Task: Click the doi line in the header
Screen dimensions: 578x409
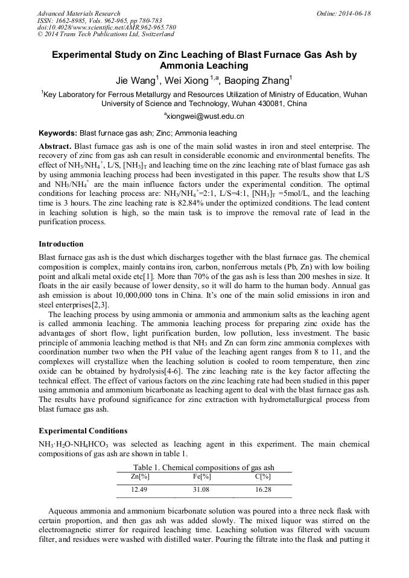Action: coord(106,27)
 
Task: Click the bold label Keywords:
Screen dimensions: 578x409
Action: coord(58,133)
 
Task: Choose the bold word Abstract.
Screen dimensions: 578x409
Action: coord(55,146)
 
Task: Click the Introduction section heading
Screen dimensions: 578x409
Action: coord(61,244)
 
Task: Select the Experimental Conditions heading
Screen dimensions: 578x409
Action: coord(83,431)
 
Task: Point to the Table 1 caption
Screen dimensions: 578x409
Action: coord(204,468)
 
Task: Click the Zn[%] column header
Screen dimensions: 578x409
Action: coord(140,477)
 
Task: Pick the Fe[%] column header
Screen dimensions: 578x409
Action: coord(201,477)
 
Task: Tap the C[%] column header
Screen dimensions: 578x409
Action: coord(263,477)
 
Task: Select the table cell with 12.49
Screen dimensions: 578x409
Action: coord(140,490)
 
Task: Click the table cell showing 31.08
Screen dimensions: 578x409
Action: coord(201,490)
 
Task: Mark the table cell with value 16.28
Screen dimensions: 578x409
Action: coord(263,490)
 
